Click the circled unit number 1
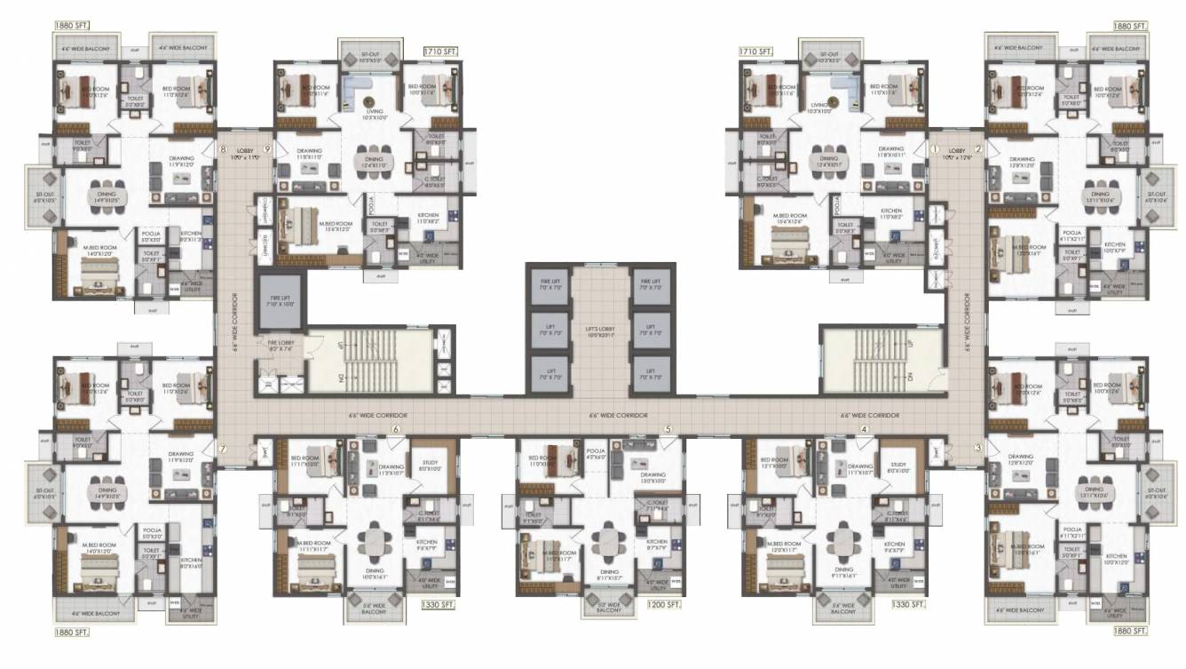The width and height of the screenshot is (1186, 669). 934,148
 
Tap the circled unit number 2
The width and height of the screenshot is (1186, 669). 978,148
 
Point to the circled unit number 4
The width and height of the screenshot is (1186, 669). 863,430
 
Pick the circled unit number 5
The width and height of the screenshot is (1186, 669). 668,430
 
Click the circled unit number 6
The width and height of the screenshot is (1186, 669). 396,430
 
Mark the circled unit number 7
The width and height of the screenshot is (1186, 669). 223,449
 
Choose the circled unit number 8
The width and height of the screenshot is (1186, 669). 224,149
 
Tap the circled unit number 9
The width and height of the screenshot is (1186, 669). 266,149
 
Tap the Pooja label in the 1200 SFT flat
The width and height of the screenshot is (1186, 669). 597,455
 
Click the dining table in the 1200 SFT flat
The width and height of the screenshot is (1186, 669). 608,539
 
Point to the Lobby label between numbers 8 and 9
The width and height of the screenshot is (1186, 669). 245,155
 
